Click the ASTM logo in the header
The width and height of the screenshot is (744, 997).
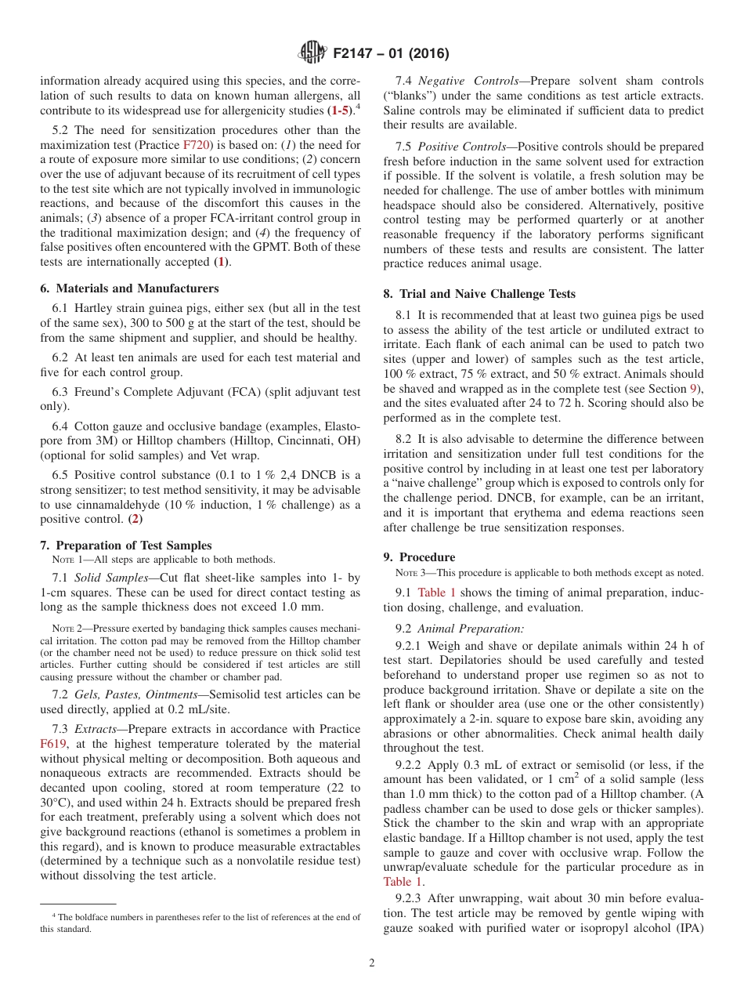click(312, 53)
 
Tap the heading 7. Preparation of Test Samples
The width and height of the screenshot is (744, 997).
click(125, 546)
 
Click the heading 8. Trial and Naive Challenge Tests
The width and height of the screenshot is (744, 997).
click(479, 294)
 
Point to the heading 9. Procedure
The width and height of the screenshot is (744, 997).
click(419, 557)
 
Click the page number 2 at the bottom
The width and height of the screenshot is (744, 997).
click(372, 963)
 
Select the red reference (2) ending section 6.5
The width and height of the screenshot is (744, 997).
click(135, 519)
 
